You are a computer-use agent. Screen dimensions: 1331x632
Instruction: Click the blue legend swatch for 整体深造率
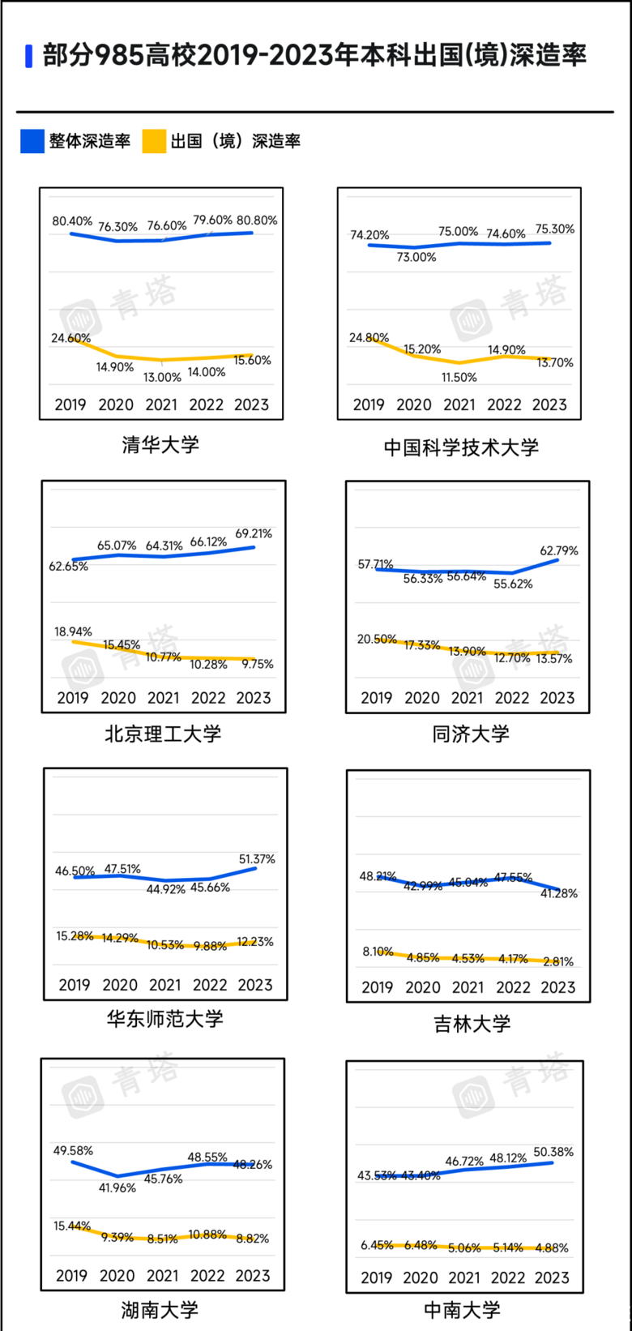coord(32,141)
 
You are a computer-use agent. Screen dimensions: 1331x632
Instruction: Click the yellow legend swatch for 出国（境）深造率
coord(154,141)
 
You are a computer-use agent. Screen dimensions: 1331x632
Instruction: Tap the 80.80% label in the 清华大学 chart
coord(257,220)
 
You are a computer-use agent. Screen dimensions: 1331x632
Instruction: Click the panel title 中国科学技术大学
coord(460,447)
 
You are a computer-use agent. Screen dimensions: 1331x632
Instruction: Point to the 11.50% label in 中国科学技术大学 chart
coord(459,377)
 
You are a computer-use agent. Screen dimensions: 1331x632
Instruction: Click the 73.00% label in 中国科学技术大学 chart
coord(416,257)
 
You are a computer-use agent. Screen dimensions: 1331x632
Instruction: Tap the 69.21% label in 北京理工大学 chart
coord(254,533)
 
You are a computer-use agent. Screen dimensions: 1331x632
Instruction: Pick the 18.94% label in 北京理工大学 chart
coord(74,631)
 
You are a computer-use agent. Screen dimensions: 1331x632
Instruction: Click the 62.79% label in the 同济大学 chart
coord(560,550)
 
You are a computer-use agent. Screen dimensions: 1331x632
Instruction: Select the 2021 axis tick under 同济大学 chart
coord(467,698)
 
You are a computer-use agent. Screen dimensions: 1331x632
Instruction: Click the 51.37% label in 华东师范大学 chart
coord(257,858)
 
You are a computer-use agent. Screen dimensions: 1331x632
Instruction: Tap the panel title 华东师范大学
coord(164,1019)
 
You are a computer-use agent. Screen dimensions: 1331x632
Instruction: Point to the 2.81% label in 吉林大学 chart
coord(558,961)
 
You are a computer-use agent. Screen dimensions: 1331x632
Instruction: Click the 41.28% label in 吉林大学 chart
coord(559,893)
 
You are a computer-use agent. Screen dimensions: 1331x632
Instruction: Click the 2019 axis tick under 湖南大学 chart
coord(71,1276)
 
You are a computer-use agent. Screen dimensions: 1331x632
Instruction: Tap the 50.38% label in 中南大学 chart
coord(554,1152)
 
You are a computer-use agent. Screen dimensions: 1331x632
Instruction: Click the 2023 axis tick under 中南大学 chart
coord(552,1278)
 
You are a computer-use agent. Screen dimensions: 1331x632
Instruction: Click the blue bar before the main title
coord(29,56)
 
